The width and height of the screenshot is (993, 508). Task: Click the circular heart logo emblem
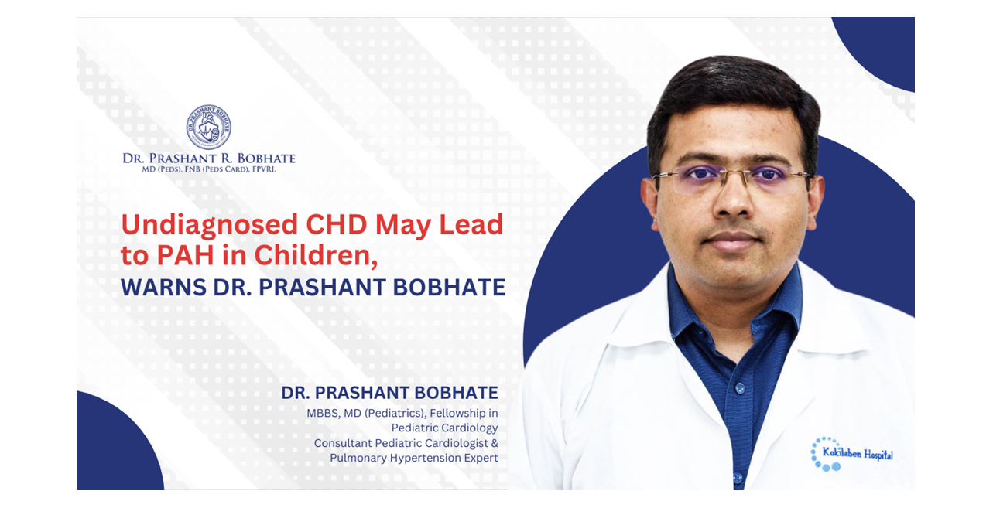208,127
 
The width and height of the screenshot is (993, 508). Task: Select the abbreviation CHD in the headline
337,224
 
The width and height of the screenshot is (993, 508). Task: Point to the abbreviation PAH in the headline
185,255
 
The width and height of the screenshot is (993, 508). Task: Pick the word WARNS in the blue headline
163,288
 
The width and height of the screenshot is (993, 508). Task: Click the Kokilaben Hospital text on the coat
858,454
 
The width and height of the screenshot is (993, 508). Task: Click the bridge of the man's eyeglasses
734,174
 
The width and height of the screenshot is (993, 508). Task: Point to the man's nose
732,199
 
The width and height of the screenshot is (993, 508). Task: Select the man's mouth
732,241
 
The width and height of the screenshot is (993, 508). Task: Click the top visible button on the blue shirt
739,389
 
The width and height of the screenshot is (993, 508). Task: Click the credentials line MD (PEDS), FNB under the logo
208,169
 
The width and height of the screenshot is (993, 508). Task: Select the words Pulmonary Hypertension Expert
414,458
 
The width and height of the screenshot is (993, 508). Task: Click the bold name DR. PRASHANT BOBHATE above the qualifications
389,393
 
